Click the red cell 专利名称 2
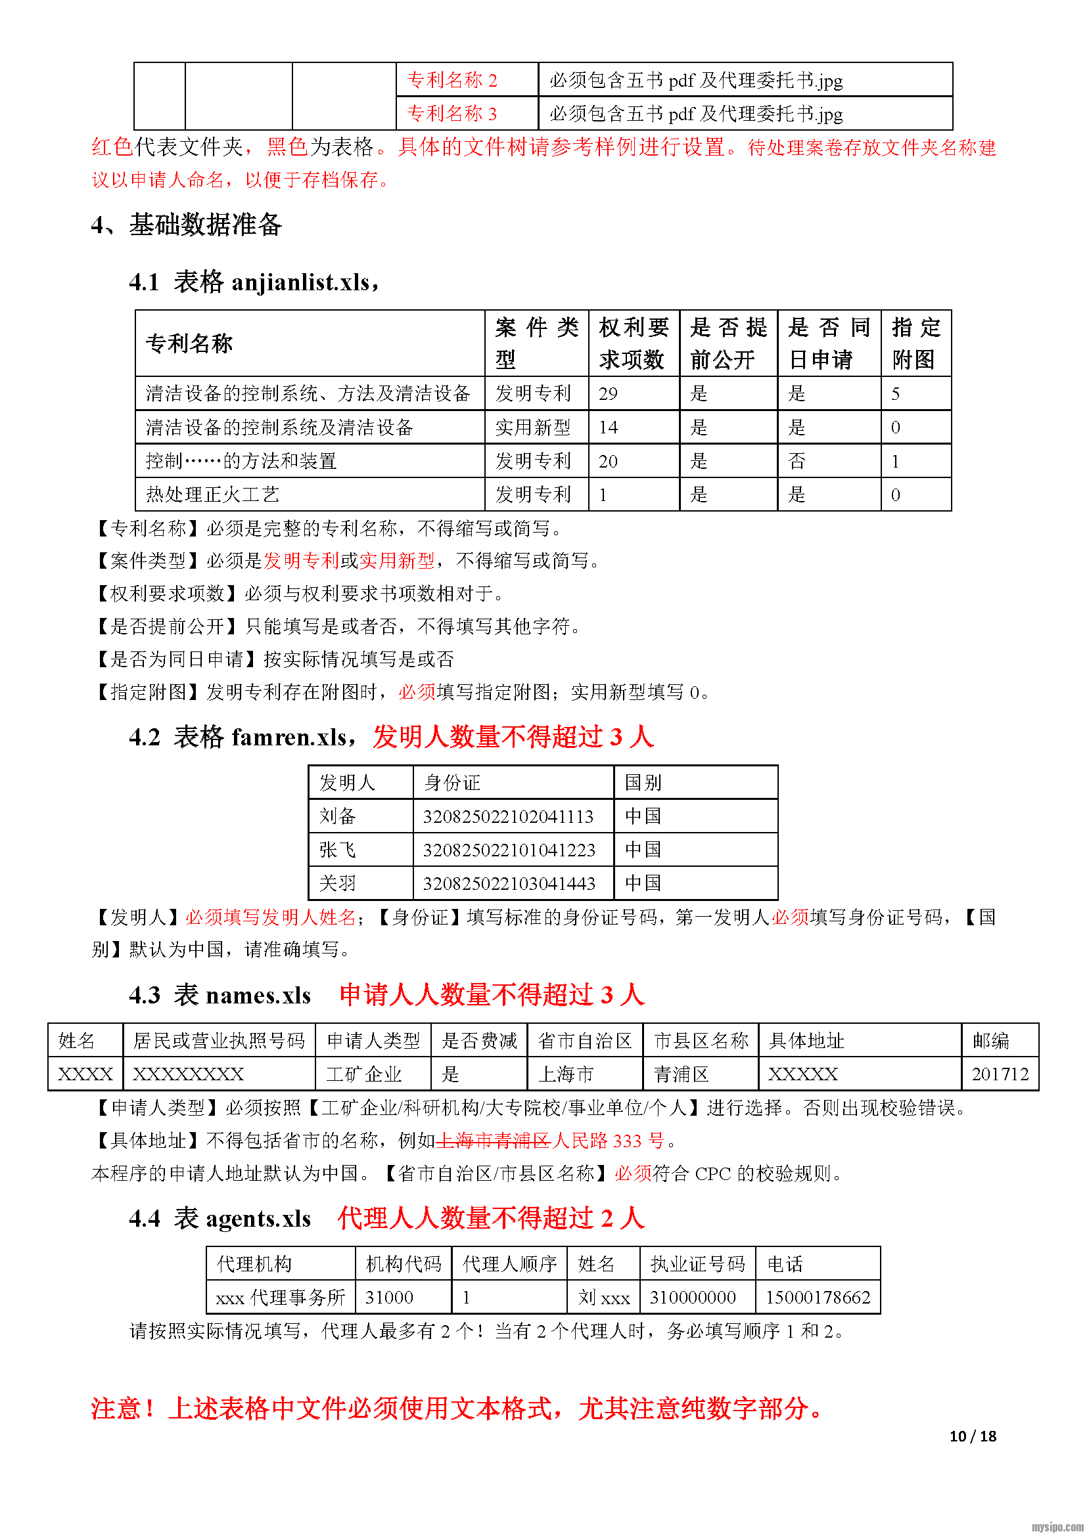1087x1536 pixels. [452, 80]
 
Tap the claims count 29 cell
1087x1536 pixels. [608, 393]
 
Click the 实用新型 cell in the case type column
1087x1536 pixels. [533, 428]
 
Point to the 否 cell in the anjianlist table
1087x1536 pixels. [797, 461]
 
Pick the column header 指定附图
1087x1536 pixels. [915, 343]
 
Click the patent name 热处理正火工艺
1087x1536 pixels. [213, 494]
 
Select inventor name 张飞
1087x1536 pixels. [337, 850]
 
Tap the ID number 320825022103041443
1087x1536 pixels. [509, 883]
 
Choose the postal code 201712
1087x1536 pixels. [1000, 1074]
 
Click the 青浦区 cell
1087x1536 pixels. [681, 1074]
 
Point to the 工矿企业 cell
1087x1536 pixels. [363, 1074]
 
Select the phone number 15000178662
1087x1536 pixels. [818, 1297]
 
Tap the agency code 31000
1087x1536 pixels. [389, 1297]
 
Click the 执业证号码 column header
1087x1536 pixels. [697, 1263]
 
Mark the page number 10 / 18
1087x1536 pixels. [973, 1436]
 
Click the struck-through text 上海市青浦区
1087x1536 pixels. [494, 1140]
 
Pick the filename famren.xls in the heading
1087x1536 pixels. [289, 737]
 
